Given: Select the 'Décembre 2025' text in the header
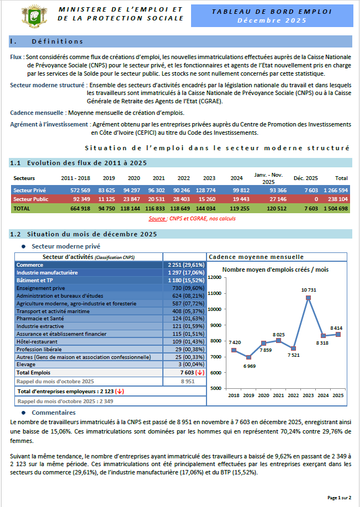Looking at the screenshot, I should point(272,20).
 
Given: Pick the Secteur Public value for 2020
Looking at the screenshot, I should point(130,199).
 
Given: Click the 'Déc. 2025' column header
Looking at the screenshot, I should point(305,178).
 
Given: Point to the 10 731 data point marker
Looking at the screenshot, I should point(309,298).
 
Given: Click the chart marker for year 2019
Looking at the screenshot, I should point(248,357).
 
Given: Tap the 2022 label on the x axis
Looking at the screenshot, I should point(293,395).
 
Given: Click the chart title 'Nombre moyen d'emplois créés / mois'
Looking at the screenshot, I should point(275,270).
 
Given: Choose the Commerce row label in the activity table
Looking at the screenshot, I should point(30,265).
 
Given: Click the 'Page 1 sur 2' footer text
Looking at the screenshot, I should point(339,498).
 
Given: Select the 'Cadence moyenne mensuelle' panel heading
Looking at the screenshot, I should point(256,257).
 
